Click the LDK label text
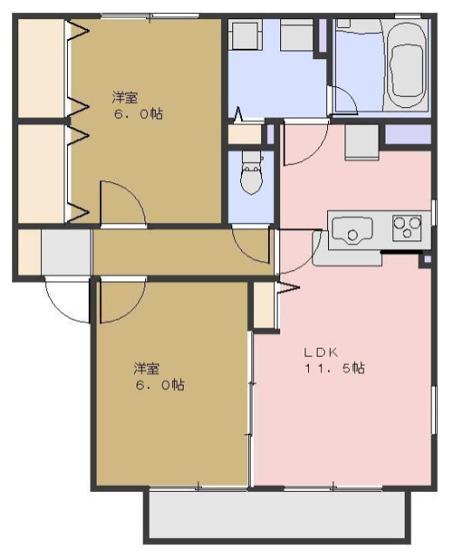[x=319, y=353]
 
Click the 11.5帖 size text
[x=333, y=368]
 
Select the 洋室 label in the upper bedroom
[x=125, y=97]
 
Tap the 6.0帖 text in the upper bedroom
[x=137, y=114]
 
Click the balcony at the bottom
[x=277, y=517]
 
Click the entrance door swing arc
[x=66, y=300]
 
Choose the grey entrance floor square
[x=65, y=251]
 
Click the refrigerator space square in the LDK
[x=361, y=142]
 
